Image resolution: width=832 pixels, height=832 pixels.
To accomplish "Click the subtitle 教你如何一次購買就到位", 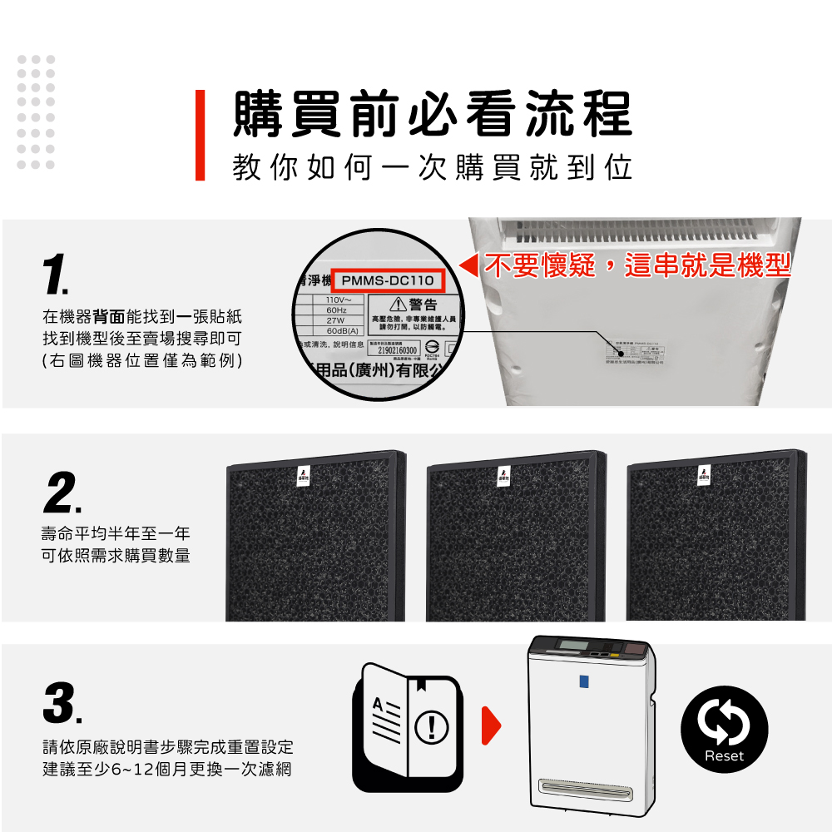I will click(432, 166).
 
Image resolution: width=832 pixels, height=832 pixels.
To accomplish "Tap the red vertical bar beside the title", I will click(200, 135).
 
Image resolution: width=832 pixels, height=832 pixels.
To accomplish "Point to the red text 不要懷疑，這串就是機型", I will click(636, 265).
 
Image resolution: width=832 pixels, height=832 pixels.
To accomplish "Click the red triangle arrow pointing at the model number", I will click(469, 267).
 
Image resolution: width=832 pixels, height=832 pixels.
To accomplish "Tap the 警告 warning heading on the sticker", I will click(416, 305).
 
